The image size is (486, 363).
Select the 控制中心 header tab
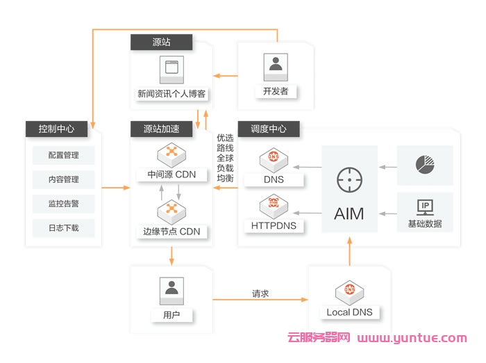(x=57, y=129)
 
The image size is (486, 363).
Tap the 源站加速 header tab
(x=161, y=129)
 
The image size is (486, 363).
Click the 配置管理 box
(x=63, y=155)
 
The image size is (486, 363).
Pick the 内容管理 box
(x=63, y=179)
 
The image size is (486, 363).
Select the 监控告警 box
(x=63, y=204)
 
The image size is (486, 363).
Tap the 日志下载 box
(x=63, y=228)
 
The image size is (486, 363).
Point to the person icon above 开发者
(x=276, y=65)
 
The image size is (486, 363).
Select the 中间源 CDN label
(x=171, y=174)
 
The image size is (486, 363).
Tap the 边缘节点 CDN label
(x=171, y=231)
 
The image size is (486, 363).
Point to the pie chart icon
(x=425, y=164)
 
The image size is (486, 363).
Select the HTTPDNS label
(x=274, y=225)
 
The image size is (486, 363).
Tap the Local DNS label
(x=349, y=312)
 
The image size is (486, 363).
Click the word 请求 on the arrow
(x=260, y=293)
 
